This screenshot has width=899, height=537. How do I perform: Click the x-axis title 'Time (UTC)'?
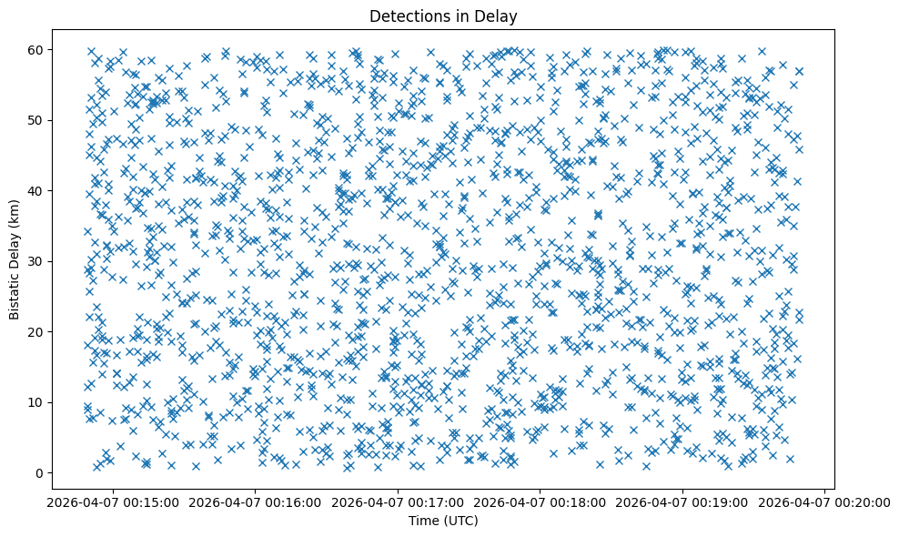pos(443,521)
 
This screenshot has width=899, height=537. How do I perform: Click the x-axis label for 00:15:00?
pos(113,502)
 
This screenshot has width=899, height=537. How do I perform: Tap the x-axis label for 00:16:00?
pos(256,502)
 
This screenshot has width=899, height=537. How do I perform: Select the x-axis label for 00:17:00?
pos(399,502)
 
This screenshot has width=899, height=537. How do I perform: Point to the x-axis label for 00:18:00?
pos(540,502)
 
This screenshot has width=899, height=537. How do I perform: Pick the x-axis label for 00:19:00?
pos(683,502)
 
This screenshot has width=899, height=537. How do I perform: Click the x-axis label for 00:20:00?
pos(825,502)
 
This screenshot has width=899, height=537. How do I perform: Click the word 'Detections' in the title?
pos(403,15)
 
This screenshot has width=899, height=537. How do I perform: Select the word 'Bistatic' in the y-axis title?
pos(14,295)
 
